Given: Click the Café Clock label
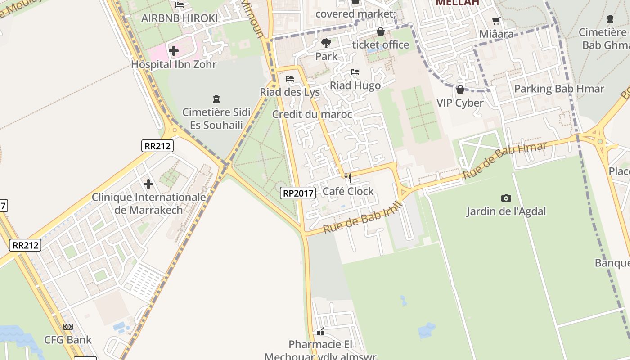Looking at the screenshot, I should pos(348,191).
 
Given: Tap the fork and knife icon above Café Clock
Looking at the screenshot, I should pos(347,178).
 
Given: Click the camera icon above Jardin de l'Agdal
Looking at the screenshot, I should pos(506,198).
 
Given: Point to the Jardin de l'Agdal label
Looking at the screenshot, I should pos(506,211).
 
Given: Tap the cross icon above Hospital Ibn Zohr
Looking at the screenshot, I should pos(174,51).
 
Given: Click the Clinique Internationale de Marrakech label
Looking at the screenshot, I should pos(149,203).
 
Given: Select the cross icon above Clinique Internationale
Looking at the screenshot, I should pos(148,184).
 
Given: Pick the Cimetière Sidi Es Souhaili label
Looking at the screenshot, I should pos(216,118).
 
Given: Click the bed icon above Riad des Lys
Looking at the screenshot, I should pos(290,79).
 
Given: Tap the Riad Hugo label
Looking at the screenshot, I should pos(355,85).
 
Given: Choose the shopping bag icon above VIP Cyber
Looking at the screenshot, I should pos(460,90).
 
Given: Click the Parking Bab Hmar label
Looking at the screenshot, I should pos(559,89).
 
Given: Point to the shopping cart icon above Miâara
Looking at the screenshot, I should pos(496,21).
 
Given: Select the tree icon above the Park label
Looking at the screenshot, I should pos(326,43).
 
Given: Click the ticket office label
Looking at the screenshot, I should pos(381,45).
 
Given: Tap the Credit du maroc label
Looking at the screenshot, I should pos(312,114).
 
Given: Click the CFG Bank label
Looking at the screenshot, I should pos(67,340).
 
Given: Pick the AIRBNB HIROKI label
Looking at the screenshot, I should pos(180,18).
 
